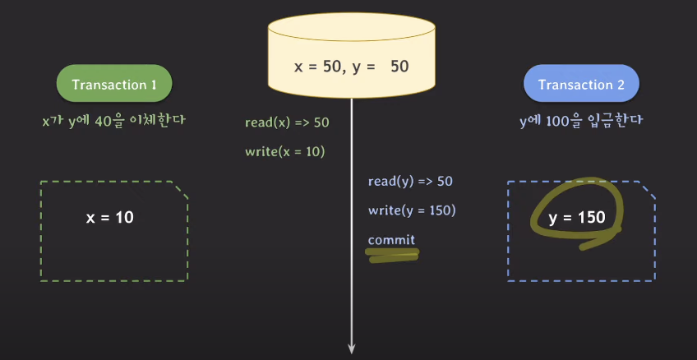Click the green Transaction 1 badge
pyautogui.click(x=113, y=85)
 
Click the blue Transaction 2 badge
pyautogui.click(x=581, y=85)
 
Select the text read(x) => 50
pyautogui.click(x=287, y=122)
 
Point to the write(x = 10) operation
pyautogui.click(x=285, y=151)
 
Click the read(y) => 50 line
pyautogui.click(x=410, y=181)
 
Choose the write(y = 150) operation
pyautogui.click(x=412, y=210)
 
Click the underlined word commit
pyautogui.click(x=391, y=239)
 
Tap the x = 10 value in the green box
pyautogui.click(x=110, y=218)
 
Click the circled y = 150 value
pyautogui.click(x=577, y=218)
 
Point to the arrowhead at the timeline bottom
pyautogui.click(x=352, y=347)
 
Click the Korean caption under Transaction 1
pyautogui.click(x=113, y=120)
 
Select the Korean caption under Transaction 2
pyautogui.click(x=580, y=120)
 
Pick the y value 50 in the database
pyautogui.click(x=399, y=66)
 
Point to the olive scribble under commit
pyautogui.click(x=393, y=257)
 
